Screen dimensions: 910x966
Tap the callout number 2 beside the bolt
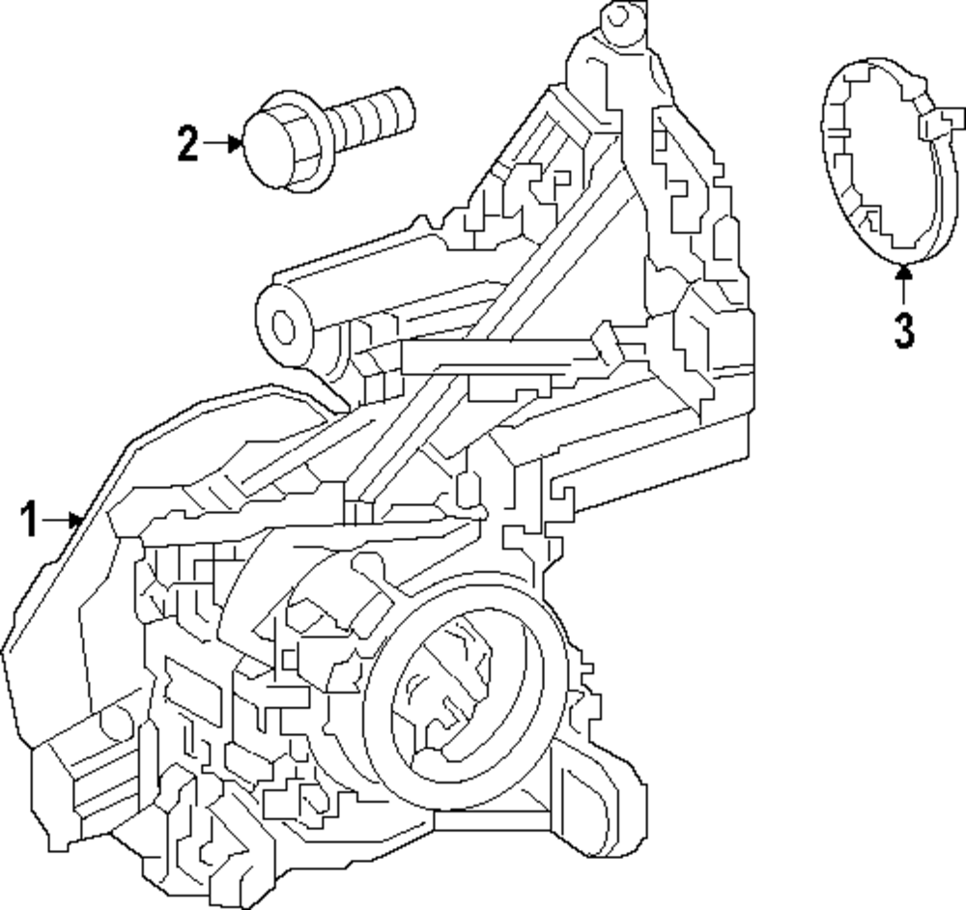[187, 144]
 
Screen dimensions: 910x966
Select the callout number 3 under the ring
[903, 329]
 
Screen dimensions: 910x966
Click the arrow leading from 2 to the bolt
[223, 144]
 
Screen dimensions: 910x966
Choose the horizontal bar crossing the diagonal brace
[502, 357]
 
